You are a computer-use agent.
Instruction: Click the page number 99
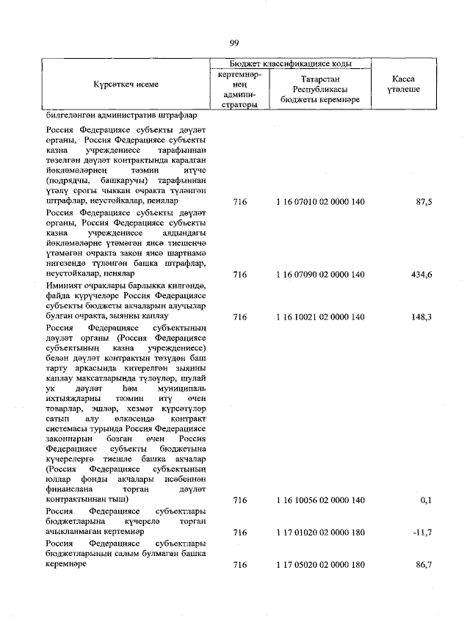234,43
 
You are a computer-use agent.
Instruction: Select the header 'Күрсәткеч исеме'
125,84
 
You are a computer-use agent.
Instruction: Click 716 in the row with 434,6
239,275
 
